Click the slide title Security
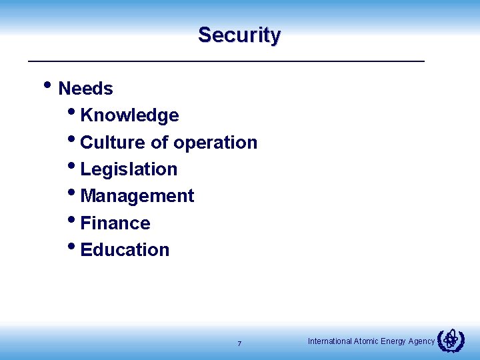239,35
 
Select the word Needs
85,89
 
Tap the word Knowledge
129,115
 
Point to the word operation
215,143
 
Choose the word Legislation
129,169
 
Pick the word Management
137,196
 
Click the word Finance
115,223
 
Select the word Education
125,250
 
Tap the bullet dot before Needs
47,85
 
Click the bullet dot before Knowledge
71,111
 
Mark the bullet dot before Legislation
71,165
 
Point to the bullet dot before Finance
71,219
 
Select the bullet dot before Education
71,245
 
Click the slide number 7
239,344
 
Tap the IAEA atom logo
451,341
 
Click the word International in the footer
329,341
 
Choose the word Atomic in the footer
366,341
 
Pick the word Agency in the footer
421,341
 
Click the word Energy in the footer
393,341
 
